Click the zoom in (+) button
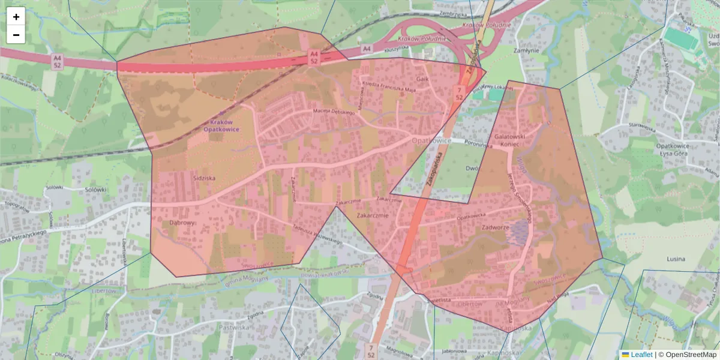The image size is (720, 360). [x=16, y=17]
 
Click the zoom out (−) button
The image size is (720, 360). [x=16, y=35]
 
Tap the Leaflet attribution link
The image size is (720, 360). [x=641, y=355]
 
